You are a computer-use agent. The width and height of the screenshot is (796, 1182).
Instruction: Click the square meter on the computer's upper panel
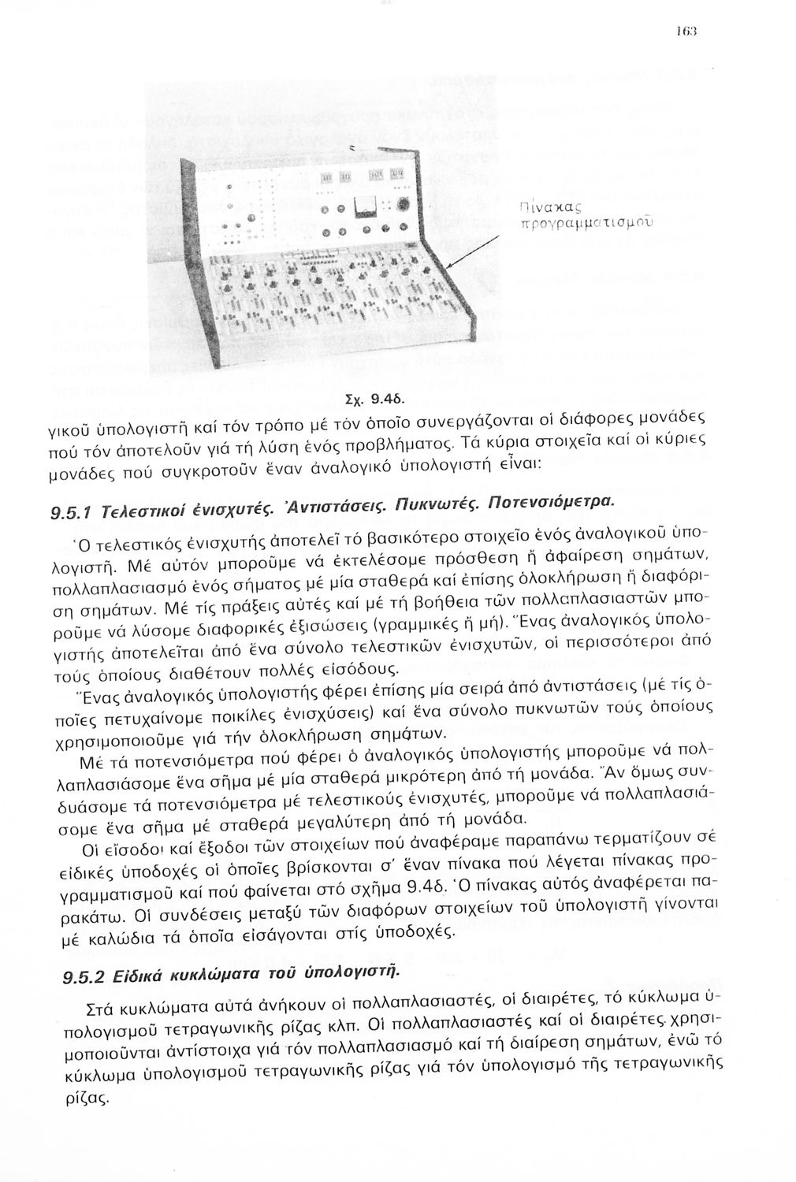[364, 207]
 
